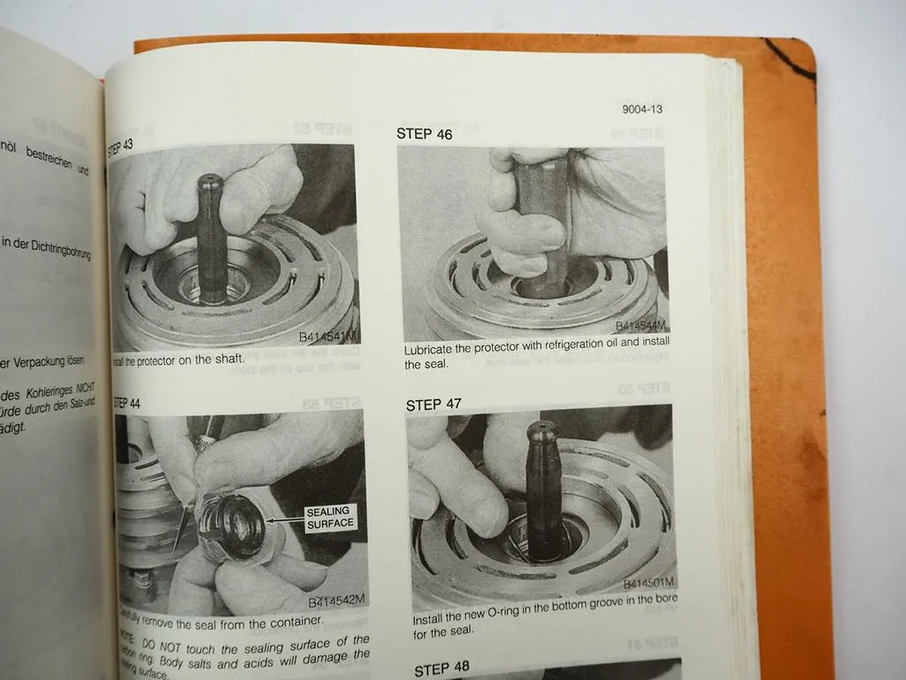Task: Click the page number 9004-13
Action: pos(641,110)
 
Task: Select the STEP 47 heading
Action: pos(434,405)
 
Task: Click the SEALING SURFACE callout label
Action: pos(329,517)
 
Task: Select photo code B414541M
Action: pos(328,337)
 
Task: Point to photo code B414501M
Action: pos(649,583)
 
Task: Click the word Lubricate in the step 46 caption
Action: pos(434,350)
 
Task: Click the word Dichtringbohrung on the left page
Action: pos(52,243)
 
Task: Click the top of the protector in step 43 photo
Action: pos(210,182)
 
